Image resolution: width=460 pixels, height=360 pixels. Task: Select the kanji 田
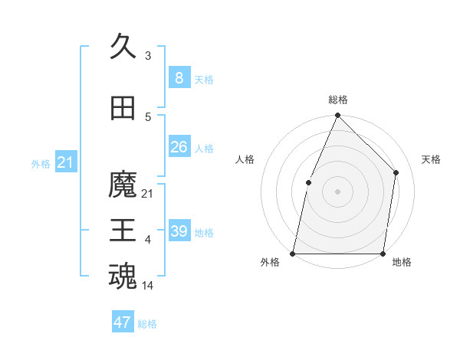coord(123,110)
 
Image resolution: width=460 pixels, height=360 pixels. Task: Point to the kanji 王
coord(123,231)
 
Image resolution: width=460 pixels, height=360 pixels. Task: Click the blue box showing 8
coord(179,78)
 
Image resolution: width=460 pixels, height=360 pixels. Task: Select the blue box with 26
coord(179,147)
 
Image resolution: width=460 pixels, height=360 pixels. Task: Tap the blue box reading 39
coord(179,231)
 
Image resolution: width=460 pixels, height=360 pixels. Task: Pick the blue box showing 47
coord(122,322)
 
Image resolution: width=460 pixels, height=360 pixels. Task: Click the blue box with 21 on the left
coord(65,162)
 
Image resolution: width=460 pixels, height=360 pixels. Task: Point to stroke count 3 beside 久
coord(148,56)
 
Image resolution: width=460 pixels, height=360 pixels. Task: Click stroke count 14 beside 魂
coord(148,286)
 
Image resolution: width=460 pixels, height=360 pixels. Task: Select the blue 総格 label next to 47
coord(147,324)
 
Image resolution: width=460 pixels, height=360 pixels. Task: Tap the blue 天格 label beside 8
coord(204,79)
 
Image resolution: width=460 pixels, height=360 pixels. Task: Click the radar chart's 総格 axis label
coord(337,100)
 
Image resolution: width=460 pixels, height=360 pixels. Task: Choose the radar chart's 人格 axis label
coord(245,159)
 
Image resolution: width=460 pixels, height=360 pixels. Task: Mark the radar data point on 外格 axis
coord(293,253)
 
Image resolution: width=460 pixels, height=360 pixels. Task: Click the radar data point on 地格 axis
coord(383,253)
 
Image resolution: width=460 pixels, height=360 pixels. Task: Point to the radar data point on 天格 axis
coord(396,172)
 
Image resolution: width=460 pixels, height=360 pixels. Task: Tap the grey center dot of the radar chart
coord(337,191)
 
